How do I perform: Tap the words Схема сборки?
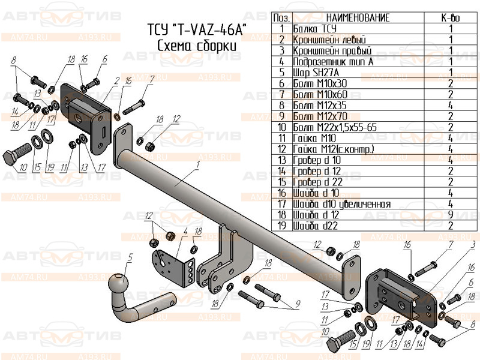click(x=197, y=46)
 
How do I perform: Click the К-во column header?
click(x=451, y=18)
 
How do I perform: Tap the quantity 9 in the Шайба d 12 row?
click(x=451, y=215)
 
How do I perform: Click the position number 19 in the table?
click(x=282, y=226)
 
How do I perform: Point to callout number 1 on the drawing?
click(x=197, y=163)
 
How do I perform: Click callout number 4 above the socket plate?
click(x=185, y=231)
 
